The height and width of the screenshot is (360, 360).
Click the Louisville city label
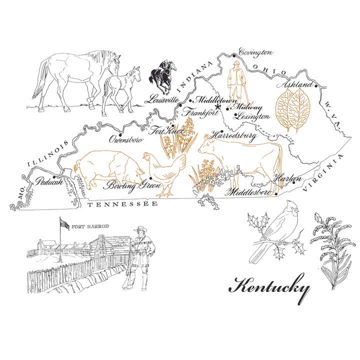click(x=161, y=99)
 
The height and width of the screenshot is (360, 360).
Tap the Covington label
click(x=255, y=51)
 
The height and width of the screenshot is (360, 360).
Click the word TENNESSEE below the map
click(x=122, y=204)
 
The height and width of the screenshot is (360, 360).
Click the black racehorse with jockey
click(x=161, y=77)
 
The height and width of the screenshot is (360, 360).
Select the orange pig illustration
click(x=106, y=168)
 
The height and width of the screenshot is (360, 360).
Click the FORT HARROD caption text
click(x=90, y=226)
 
